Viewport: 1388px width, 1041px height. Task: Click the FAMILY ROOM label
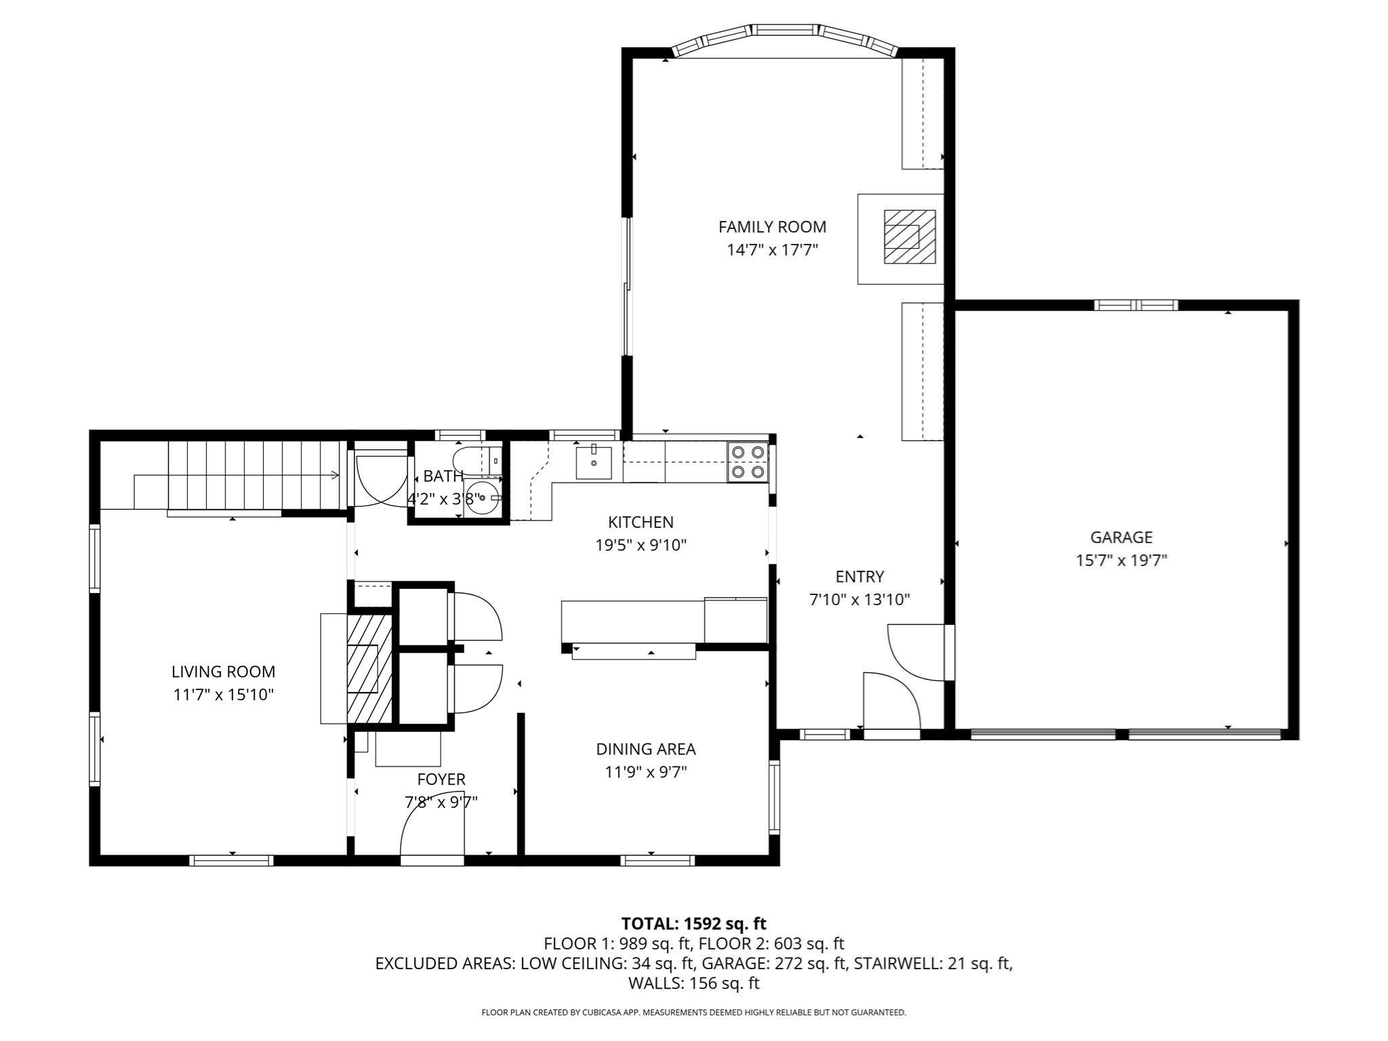[x=772, y=227]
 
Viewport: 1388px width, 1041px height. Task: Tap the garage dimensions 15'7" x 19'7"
[x=1121, y=560]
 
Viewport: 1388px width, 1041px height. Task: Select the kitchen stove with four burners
[x=748, y=462]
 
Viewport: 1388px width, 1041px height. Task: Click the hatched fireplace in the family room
[x=909, y=237]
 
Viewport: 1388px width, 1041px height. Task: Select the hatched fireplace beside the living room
[x=369, y=668]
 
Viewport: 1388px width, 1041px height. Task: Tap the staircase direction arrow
[x=333, y=475]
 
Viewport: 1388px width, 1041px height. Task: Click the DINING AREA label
[x=645, y=749]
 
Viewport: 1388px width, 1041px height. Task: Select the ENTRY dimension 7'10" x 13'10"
[x=859, y=599]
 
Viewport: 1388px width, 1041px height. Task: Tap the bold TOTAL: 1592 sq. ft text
[x=693, y=923]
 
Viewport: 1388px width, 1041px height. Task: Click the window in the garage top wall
[x=1136, y=305]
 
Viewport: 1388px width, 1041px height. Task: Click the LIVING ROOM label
[x=223, y=672]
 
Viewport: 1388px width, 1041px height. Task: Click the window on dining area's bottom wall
[x=657, y=860]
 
